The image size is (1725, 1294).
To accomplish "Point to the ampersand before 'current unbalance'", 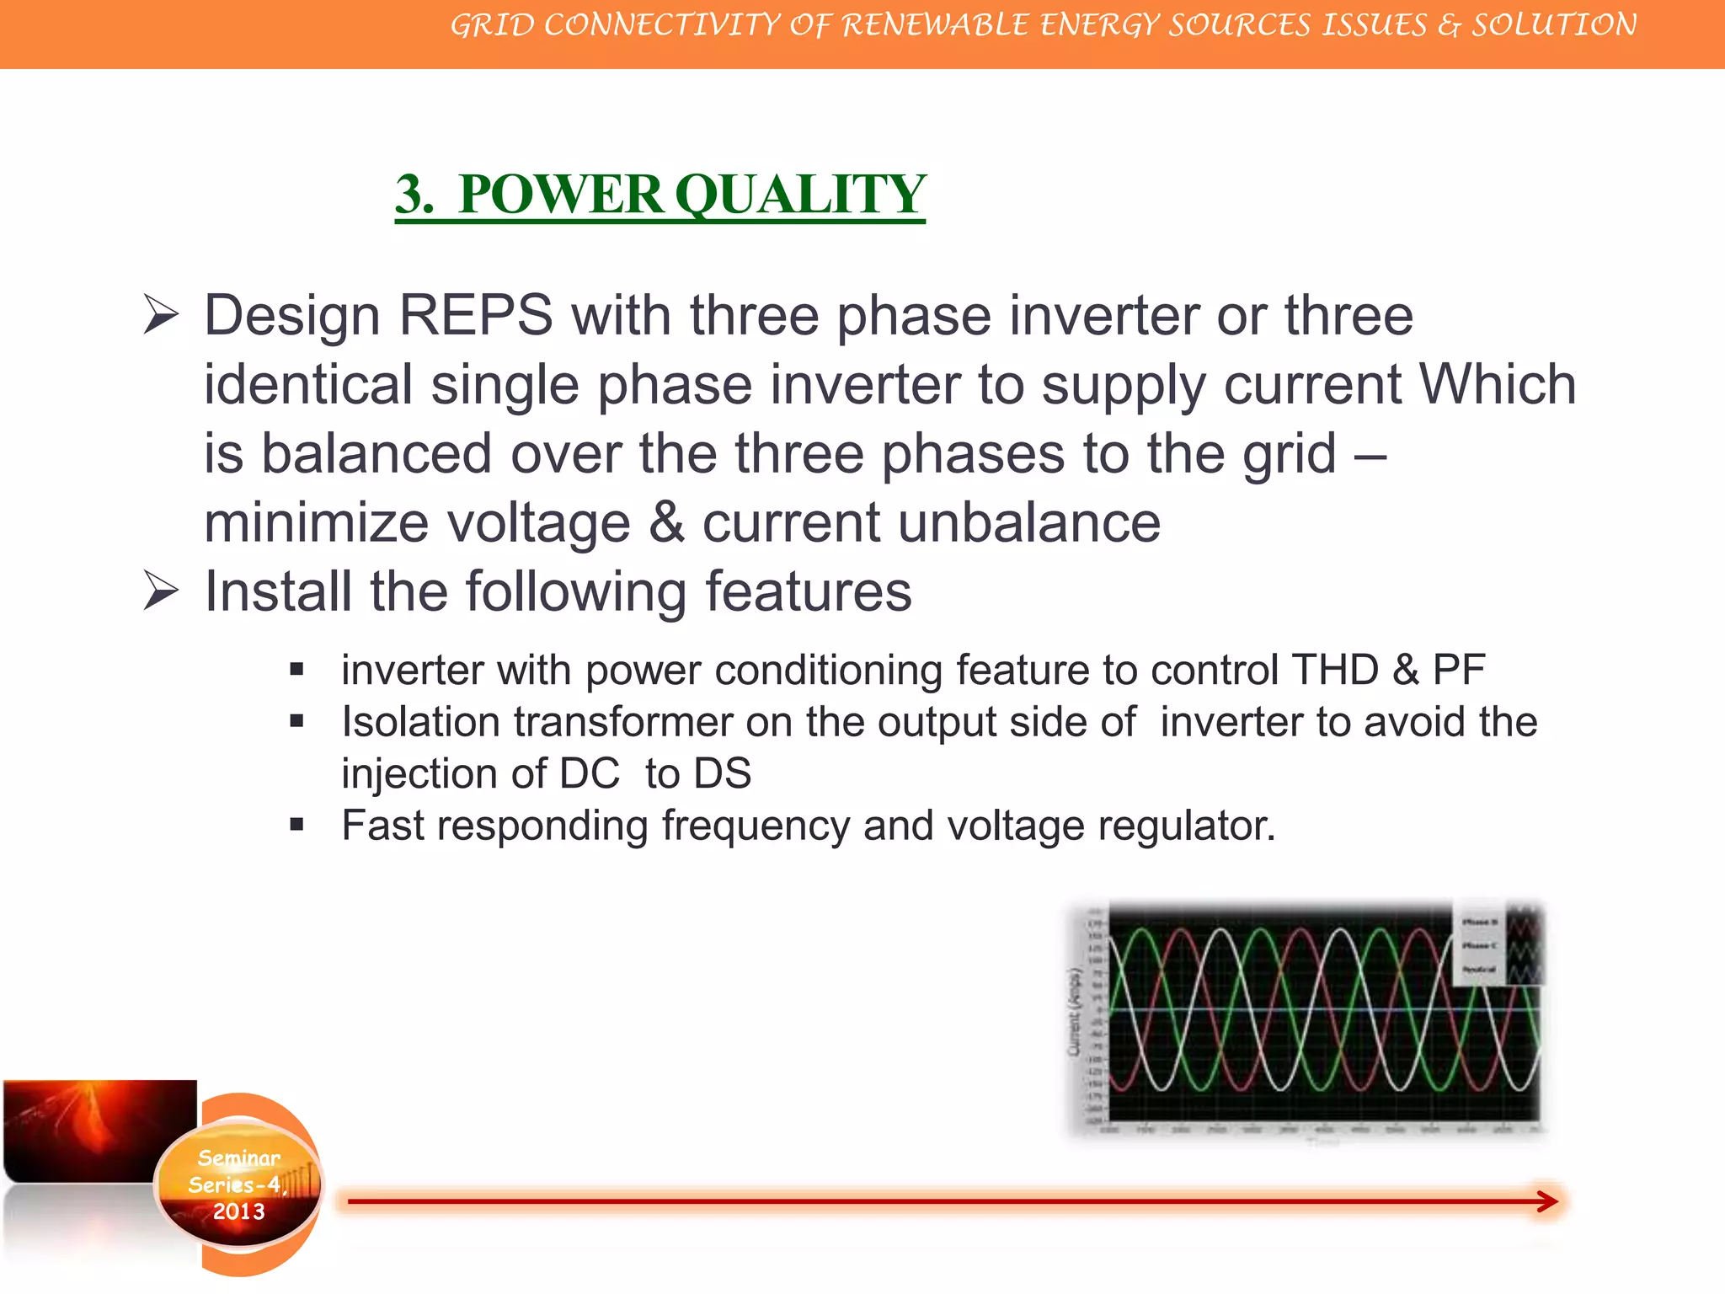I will (666, 523).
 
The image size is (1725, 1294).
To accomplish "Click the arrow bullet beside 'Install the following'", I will (160, 591).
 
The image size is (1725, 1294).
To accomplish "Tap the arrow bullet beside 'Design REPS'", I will (160, 315).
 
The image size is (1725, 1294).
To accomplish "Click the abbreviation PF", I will (1458, 671).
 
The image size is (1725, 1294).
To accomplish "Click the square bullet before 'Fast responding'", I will (296, 825).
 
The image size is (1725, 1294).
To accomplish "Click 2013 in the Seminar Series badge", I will (238, 1211).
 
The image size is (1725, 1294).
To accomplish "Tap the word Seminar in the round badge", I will (238, 1158).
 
